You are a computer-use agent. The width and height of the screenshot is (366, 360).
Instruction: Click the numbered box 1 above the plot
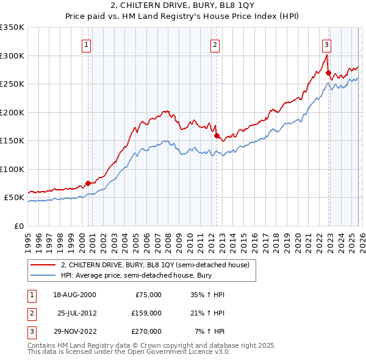(x=87, y=44)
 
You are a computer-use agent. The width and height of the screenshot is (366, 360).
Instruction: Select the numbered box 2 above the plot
(x=215, y=44)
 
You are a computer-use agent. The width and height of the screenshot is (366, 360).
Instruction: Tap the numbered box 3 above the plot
(x=327, y=44)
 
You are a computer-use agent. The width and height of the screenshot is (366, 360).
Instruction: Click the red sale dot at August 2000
(x=88, y=183)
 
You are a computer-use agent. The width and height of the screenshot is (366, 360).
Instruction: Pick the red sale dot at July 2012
(x=217, y=135)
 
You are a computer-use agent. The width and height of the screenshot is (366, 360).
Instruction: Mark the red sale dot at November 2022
(x=328, y=73)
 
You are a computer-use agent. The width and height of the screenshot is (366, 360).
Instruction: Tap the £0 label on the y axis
(x=20, y=226)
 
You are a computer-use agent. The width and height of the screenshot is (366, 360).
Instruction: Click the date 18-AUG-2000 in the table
(x=75, y=295)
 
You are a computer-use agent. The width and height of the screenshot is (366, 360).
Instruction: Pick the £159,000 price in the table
(x=146, y=313)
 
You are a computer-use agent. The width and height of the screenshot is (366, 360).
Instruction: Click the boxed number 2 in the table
(x=31, y=313)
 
